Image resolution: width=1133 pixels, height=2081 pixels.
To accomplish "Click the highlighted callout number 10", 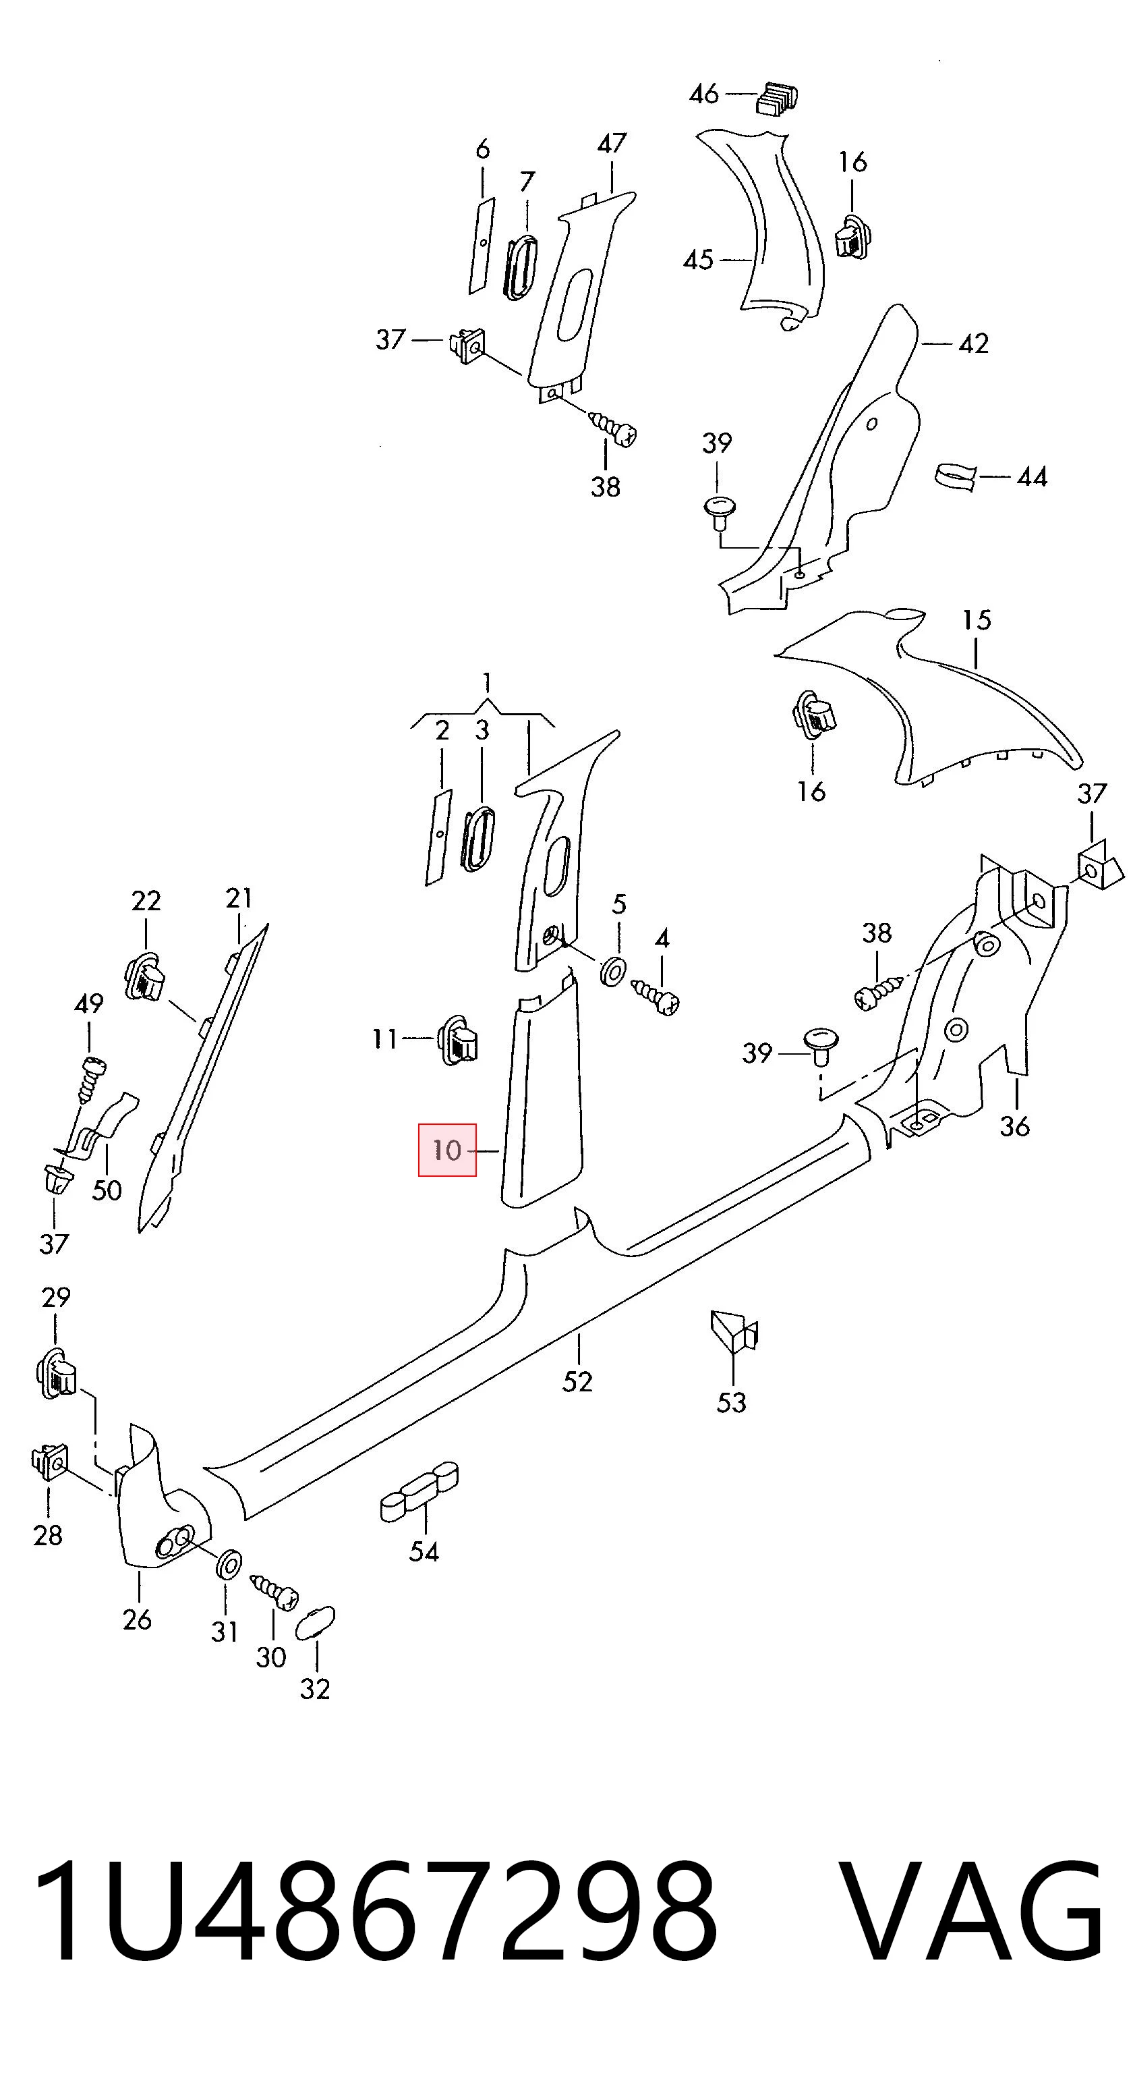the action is [446, 1150].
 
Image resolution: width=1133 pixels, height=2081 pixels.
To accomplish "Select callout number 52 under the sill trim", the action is [577, 1381].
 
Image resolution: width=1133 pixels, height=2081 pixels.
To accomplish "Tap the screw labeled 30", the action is [274, 1591].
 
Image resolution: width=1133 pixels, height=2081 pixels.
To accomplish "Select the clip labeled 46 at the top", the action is [778, 97].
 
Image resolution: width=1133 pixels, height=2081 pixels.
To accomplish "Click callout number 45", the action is [699, 260].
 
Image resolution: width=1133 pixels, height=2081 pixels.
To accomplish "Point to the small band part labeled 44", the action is [956, 476].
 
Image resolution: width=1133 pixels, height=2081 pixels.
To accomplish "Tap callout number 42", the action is [973, 344].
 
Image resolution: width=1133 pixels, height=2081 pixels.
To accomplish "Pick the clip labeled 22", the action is [146, 976].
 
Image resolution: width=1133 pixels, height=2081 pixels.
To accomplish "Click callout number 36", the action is [1015, 1126].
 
